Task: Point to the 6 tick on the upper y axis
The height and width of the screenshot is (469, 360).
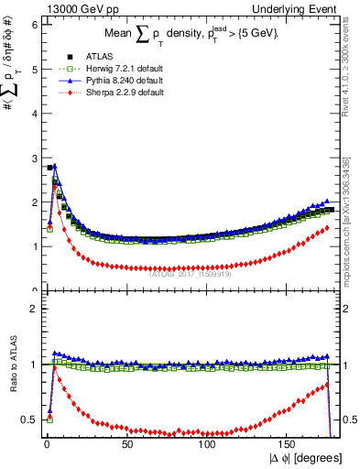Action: (33, 25)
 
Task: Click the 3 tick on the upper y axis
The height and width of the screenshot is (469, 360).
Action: (33, 158)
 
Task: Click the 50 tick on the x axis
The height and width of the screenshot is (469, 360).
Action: (127, 442)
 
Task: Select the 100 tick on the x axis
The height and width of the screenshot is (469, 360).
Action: (208, 442)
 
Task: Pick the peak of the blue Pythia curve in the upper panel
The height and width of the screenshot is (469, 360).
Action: (55, 166)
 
